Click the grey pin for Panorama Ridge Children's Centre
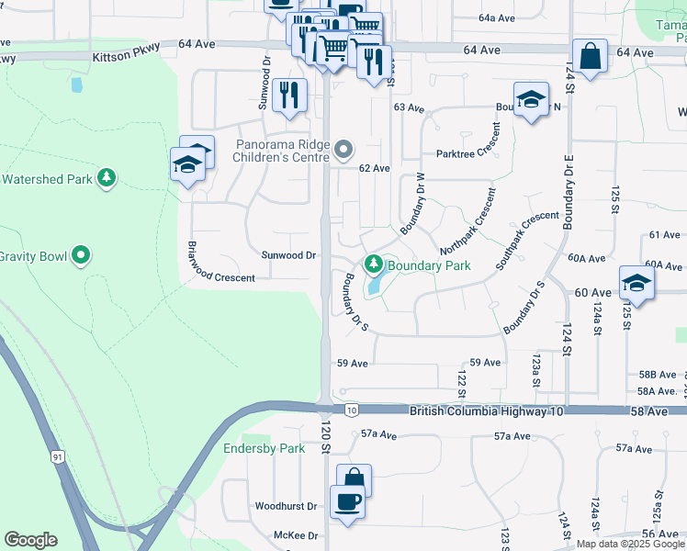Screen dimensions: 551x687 click(343, 148)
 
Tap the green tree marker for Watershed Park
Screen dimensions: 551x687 click(107, 176)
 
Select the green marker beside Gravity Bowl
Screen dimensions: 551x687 click(81, 254)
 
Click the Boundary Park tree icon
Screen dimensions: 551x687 click(373, 265)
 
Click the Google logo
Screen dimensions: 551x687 click(30, 540)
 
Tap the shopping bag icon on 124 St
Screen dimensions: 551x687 click(590, 55)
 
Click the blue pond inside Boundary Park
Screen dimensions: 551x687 click(374, 287)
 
